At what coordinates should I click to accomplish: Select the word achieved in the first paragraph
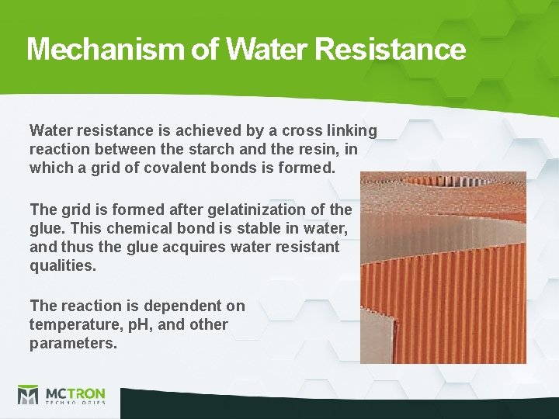(199, 130)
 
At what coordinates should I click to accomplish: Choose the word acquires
(205, 247)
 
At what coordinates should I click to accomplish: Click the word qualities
(62, 265)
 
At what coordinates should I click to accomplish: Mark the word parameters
(72, 343)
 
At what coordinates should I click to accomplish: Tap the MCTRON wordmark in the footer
(75, 393)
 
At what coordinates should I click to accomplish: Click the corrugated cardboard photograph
(443, 268)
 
